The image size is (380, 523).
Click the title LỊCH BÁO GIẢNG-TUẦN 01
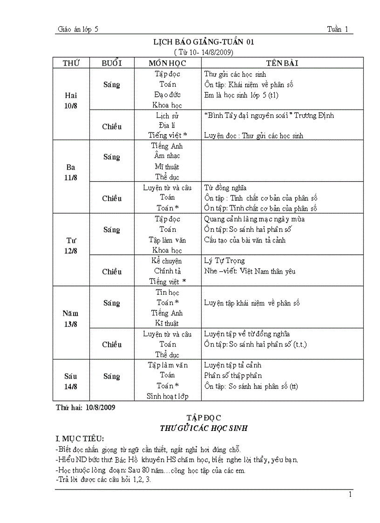pos(204,42)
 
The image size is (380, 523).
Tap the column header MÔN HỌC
pos(167,63)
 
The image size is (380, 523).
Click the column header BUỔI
pos(112,63)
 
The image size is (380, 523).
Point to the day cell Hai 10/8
pos(71,100)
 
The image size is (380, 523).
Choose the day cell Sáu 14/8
pos(71,381)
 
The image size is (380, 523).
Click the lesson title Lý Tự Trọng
pos(224,261)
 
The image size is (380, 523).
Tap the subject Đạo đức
pos(167,95)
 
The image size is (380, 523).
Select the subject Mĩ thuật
pos(167,166)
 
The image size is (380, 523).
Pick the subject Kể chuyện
pos(167,261)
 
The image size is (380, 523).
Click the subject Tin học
pos(167,292)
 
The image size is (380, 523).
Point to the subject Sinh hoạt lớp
pos(167,396)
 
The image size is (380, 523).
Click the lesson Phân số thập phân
pos(233,375)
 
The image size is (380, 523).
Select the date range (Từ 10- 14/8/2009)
pos(204,52)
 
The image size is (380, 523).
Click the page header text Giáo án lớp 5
pos(78,29)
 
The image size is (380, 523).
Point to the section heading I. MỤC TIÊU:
pos(80,439)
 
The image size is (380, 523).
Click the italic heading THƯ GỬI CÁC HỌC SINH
pos(204,428)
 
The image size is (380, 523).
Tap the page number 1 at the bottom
pos(350,495)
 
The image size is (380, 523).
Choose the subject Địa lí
pos(167,126)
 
